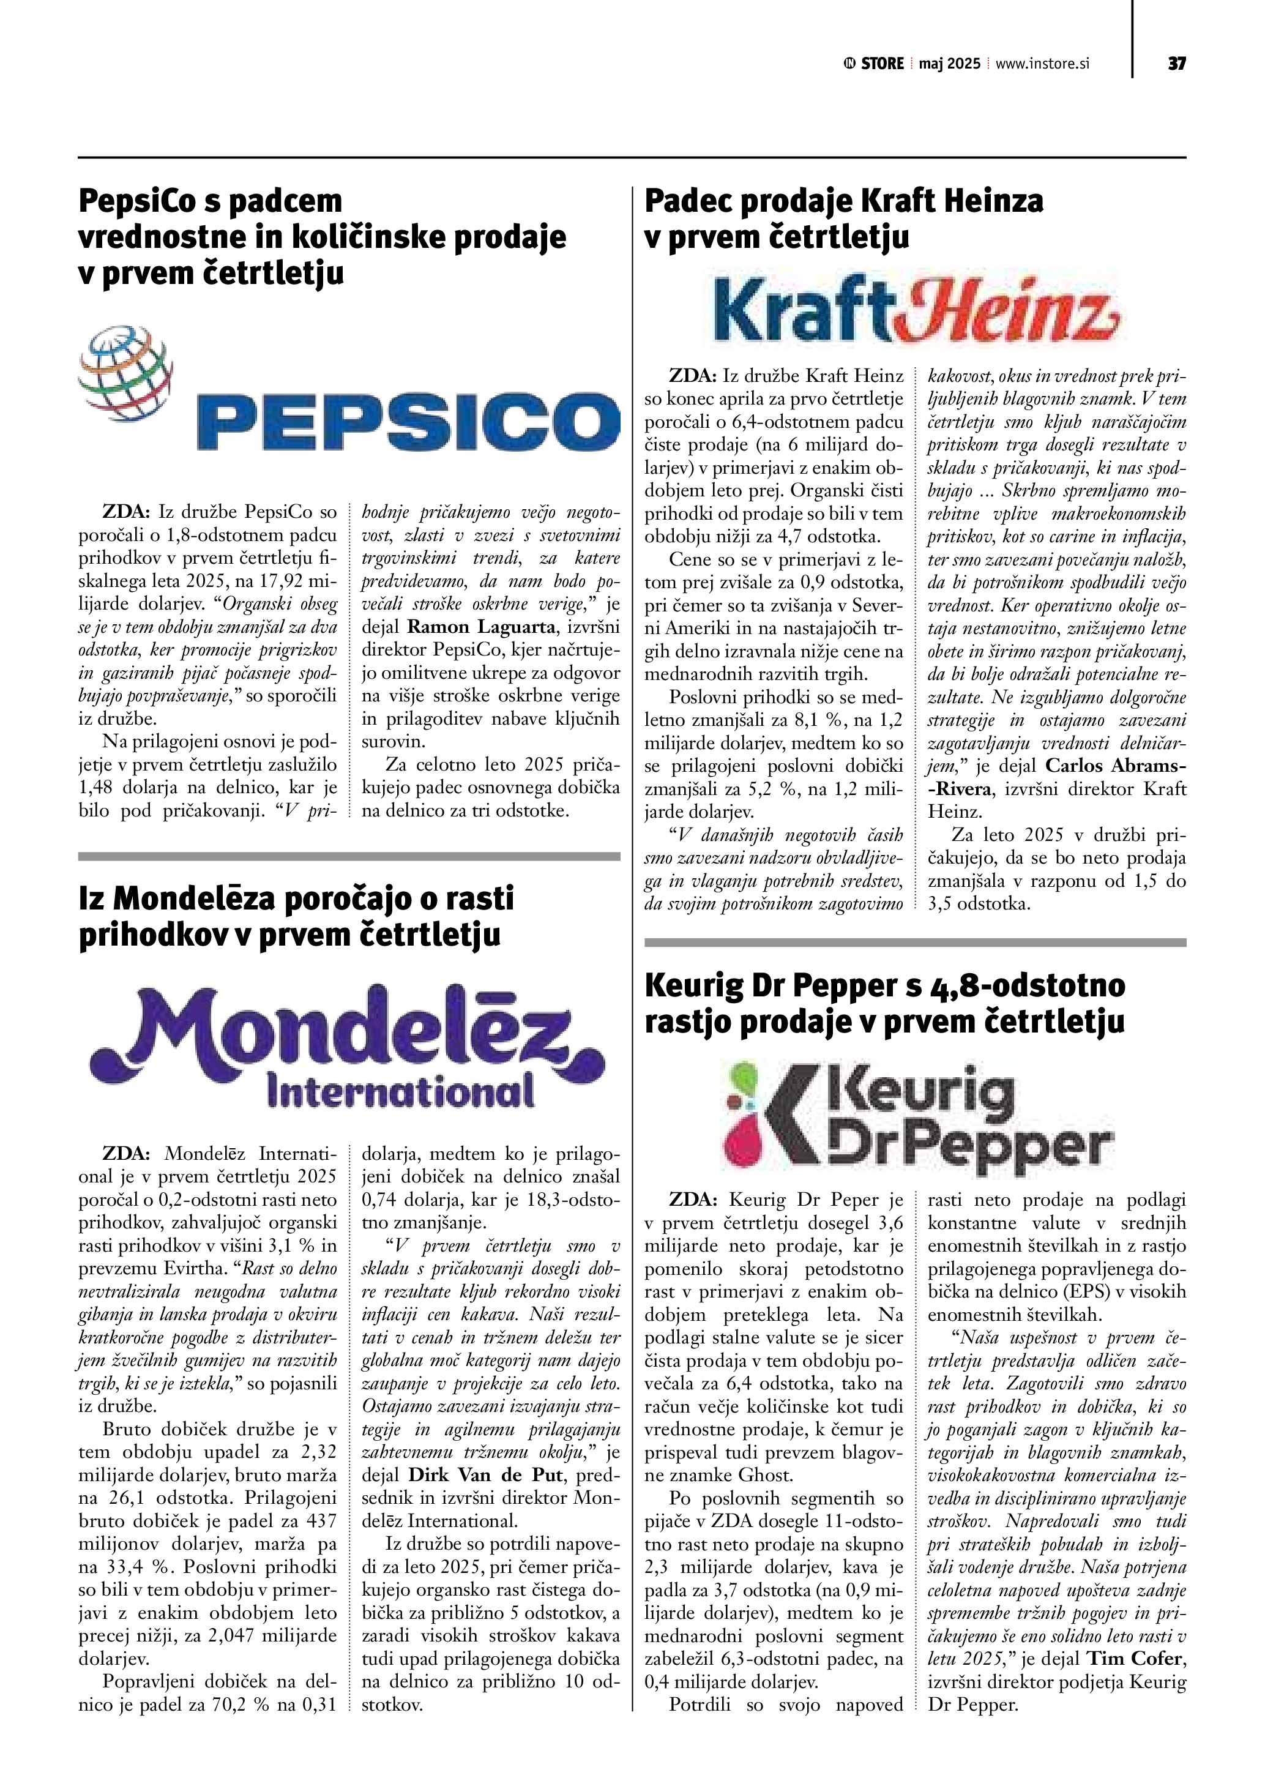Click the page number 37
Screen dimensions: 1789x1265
coord(1176,64)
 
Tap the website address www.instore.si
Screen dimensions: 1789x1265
coord(1042,64)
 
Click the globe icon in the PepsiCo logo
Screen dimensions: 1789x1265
coord(125,373)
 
